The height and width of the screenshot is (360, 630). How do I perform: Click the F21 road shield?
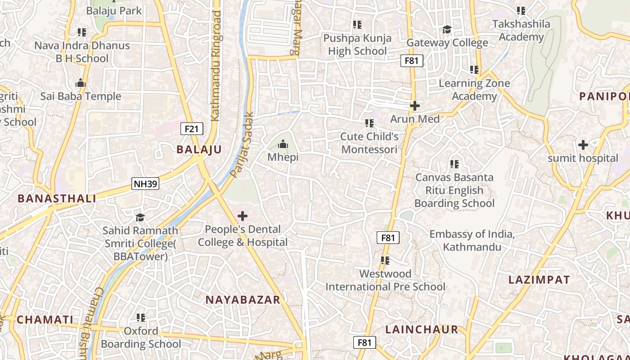click(x=191, y=129)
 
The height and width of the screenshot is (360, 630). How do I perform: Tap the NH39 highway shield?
click(x=145, y=184)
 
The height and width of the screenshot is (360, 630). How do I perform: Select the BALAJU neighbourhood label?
click(x=199, y=150)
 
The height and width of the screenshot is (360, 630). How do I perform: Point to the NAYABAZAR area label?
click(x=243, y=300)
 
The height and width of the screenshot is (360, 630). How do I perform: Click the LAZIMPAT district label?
click(x=539, y=280)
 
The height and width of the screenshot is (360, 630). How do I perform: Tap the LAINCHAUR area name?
click(x=422, y=329)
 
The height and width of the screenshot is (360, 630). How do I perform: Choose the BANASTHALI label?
click(x=57, y=198)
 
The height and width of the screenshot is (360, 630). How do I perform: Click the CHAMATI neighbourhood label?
click(x=45, y=320)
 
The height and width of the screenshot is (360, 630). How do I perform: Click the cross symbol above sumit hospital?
click(x=583, y=145)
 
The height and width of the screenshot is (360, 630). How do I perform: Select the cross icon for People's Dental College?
click(x=243, y=216)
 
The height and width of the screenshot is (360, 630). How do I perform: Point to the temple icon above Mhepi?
click(x=283, y=144)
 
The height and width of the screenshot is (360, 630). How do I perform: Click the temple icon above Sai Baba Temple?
click(x=81, y=83)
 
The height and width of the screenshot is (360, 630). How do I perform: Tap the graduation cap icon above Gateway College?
click(x=447, y=30)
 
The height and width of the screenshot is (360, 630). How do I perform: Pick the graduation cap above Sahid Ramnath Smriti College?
click(x=140, y=218)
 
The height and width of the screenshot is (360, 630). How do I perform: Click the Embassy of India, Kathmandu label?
click(x=472, y=241)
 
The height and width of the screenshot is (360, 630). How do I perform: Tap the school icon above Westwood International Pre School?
click(x=385, y=261)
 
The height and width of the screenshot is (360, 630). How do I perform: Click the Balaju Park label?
click(x=114, y=11)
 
